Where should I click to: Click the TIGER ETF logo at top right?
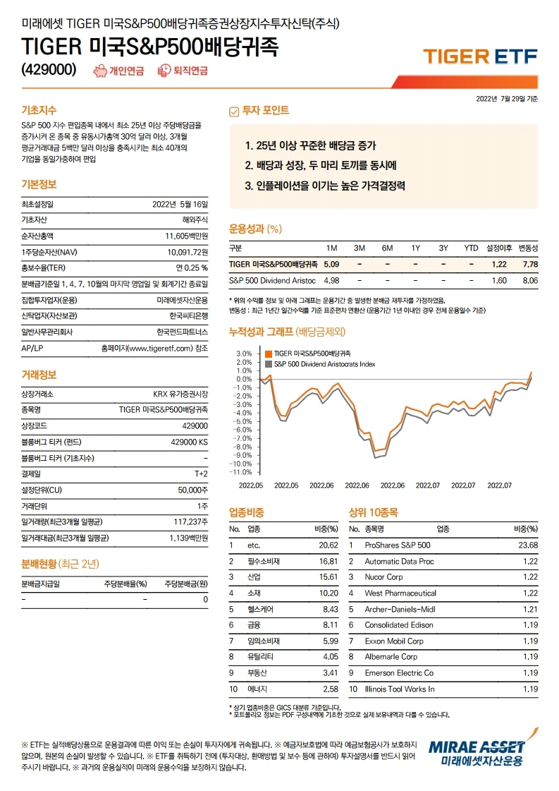[x=479, y=56]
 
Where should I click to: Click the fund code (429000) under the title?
[x=49, y=68]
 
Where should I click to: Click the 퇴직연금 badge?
[x=183, y=70]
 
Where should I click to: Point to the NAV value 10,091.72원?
[x=188, y=251]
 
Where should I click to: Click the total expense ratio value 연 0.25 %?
[x=192, y=267]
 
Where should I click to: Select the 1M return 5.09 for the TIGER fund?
[x=331, y=264]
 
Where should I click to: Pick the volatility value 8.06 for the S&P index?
[x=528, y=280]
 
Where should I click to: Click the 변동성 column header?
[x=528, y=248]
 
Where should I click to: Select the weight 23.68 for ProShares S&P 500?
[x=527, y=545]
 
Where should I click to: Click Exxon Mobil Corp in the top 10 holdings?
[x=394, y=641]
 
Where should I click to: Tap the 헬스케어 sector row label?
[x=261, y=609]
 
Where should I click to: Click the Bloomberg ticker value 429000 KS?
[x=189, y=442]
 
